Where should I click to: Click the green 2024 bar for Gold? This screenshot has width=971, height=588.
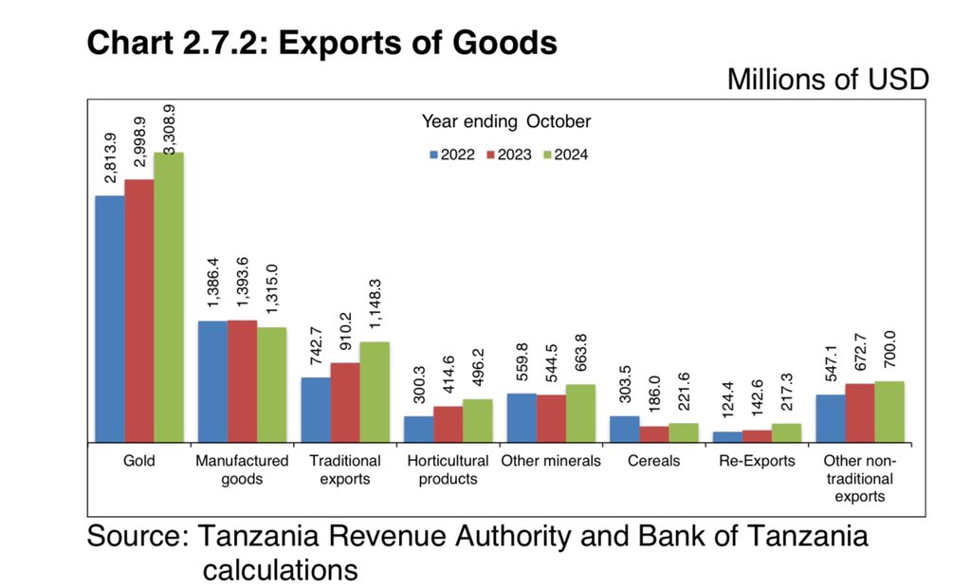coord(169,297)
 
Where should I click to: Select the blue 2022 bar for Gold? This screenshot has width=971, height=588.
coord(109,319)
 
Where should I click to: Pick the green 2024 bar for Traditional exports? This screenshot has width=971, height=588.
coord(374,392)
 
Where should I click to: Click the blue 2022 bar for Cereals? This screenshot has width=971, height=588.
coord(623,429)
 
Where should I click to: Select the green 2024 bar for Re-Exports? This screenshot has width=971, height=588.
coord(786,432)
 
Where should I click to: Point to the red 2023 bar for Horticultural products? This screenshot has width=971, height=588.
coord(448,424)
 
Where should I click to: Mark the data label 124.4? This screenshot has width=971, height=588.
coord(728,400)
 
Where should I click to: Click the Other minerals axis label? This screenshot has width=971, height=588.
coord(551,461)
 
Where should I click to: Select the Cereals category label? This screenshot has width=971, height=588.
coord(653,461)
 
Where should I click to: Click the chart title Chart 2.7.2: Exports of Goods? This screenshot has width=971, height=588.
coord(321,42)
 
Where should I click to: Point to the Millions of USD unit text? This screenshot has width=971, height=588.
coord(827,80)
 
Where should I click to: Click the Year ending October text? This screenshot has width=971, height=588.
coord(505,121)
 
